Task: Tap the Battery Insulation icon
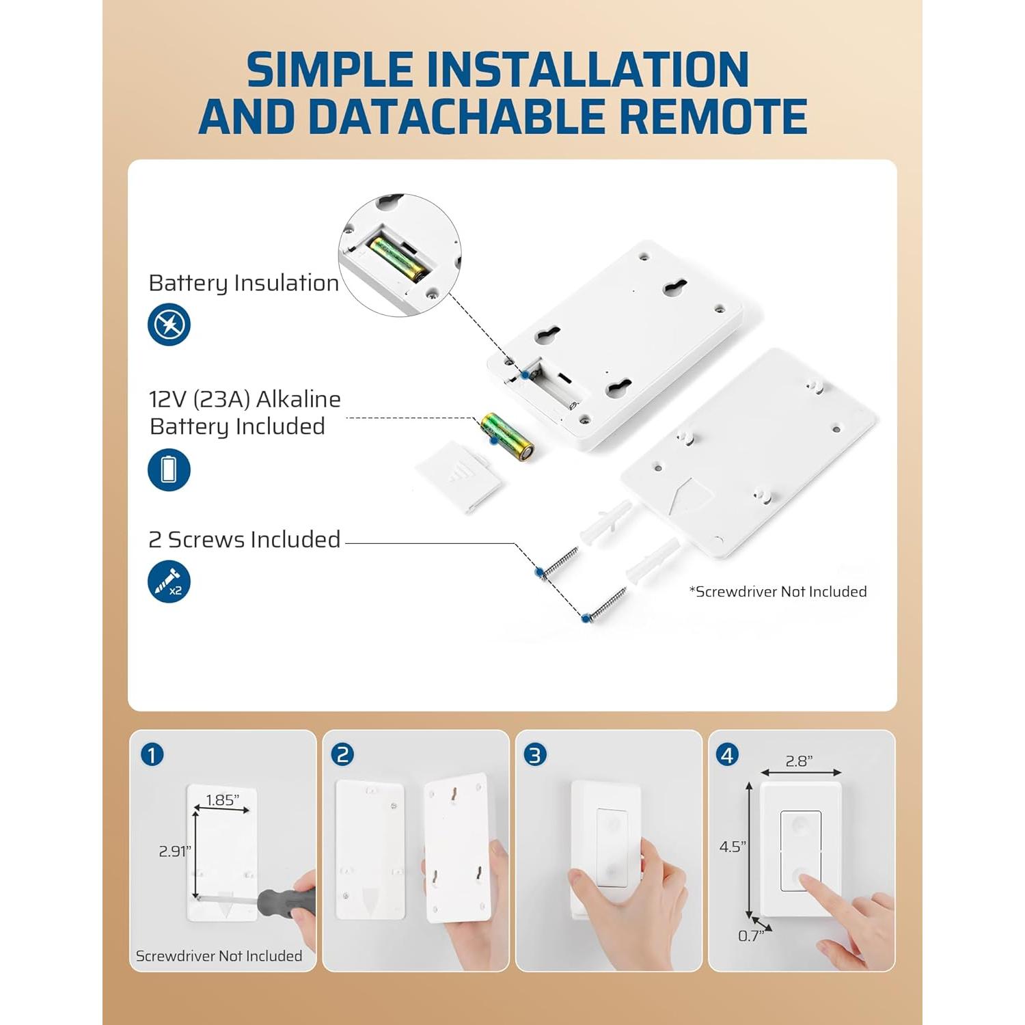(x=169, y=325)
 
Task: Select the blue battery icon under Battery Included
(x=169, y=469)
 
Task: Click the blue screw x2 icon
(x=169, y=582)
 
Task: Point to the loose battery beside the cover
(x=507, y=437)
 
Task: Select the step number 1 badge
(x=152, y=755)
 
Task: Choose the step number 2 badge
(x=342, y=755)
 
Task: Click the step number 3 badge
(x=535, y=755)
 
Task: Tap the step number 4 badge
(x=728, y=755)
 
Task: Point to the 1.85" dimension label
(x=223, y=800)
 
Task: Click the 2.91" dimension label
(x=175, y=851)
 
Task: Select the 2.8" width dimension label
(x=799, y=761)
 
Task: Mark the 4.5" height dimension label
(x=733, y=847)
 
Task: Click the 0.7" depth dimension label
(x=751, y=936)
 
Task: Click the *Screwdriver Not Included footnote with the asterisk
(x=778, y=592)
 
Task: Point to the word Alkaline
(x=299, y=399)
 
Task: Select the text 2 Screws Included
(x=245, y=540)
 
